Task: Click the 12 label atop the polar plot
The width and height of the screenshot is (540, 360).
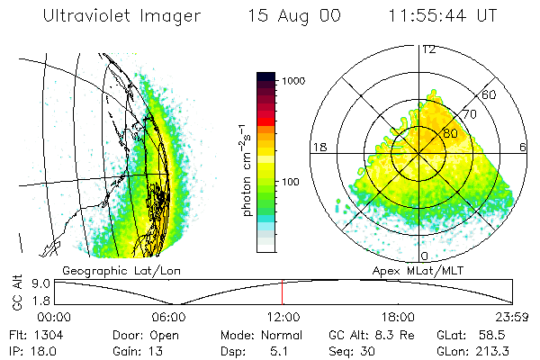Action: (428, 49)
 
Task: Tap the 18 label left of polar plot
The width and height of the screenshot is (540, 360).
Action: (318, 147)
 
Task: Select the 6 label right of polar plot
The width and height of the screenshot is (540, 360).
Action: (523, 147)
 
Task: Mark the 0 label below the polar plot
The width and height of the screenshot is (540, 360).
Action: (425, 244)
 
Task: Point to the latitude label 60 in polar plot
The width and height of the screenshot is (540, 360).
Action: (489, 94)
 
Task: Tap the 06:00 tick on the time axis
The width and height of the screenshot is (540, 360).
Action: (168, 317)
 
